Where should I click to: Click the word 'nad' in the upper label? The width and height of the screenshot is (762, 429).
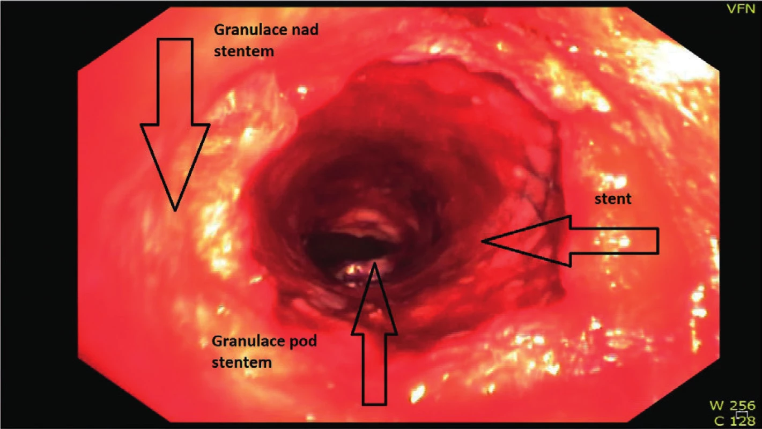[306, 29]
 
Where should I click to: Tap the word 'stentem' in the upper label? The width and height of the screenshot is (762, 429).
[244, 51]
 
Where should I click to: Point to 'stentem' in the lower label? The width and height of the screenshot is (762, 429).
[242, 363]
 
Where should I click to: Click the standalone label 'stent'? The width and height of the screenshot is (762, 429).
[613, 199]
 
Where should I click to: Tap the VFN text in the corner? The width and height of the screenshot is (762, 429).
[741, 9]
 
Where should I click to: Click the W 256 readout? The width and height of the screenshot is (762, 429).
[732, 405]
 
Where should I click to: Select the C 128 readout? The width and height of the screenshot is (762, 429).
[735, 421]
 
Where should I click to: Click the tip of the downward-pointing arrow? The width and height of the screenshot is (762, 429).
[175, 211]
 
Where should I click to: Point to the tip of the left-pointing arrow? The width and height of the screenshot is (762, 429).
[483, 241]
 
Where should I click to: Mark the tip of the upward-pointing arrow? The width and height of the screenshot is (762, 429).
[374, 263]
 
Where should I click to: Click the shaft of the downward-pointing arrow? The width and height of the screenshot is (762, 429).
[175, 82]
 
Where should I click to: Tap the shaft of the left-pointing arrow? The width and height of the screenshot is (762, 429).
[615, 241]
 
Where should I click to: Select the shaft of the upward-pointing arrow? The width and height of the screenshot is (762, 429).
[374, 369]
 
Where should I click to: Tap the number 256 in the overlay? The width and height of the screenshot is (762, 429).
[742, 405]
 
